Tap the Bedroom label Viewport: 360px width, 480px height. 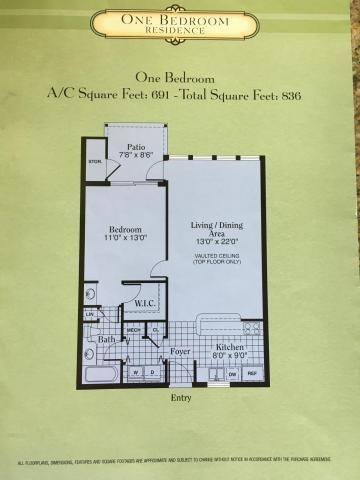(124, 226)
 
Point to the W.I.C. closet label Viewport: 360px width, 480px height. (143, 304)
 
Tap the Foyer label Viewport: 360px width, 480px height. (180, 351)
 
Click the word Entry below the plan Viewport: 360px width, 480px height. (181, 397)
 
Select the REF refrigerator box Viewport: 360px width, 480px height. (251, 374)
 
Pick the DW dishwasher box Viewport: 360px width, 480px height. (232, 374)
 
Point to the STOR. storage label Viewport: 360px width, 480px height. (96, 160)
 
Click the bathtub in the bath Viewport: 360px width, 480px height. (101, 376)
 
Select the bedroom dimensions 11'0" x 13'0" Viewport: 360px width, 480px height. (124, 238)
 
